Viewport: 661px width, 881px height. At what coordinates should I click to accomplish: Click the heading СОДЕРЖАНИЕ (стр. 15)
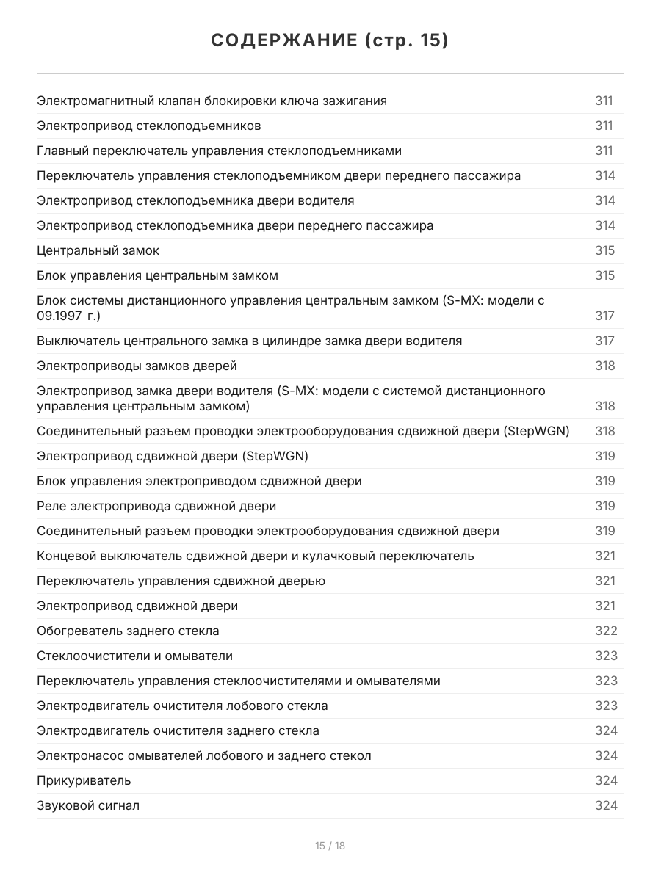point(330,41)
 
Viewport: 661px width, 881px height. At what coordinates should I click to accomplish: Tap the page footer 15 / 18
point(330,846)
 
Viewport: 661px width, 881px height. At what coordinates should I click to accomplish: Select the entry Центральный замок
point(98,250)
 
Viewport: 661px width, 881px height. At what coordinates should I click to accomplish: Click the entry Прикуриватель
point(84,780)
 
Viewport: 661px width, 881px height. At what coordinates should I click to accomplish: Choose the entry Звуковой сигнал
point(88,805)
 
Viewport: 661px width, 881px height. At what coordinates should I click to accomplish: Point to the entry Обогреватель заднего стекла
point(128,631)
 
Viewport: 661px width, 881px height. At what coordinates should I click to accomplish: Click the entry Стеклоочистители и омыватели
point(134,656)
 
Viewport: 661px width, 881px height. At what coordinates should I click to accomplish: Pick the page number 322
point(605,631)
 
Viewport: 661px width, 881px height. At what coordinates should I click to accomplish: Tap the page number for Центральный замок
point(604,250)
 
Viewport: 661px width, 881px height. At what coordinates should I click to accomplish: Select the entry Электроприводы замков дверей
point(137,366)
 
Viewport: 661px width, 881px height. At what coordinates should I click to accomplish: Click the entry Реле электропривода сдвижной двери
point(156,506)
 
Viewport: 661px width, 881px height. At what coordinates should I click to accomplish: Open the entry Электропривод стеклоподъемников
point(148,126)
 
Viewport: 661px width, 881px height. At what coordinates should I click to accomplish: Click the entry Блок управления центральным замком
point(157,275)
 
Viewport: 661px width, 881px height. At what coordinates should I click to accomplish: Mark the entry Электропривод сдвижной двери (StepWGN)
point(173,456)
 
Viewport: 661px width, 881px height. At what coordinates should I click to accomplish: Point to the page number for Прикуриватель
point(605,780)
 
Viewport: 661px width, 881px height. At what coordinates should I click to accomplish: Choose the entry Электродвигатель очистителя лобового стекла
point(182,706)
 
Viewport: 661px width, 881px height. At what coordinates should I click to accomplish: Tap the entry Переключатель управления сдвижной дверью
point(181,581)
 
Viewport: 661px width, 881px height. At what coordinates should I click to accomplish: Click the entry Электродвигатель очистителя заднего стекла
point(178,730)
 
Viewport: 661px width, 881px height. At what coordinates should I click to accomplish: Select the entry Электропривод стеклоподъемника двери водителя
point(195,200)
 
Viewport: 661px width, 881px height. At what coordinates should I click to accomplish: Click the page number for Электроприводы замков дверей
point(604,366)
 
